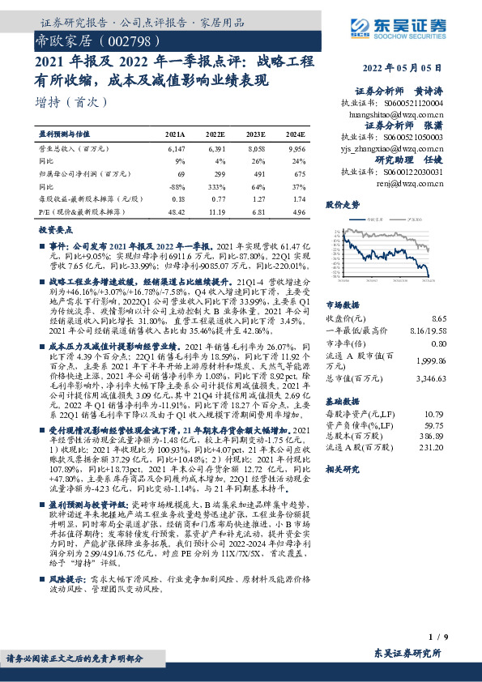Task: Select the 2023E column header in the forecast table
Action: (x=255, y=133)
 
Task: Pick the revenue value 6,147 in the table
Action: (x=176, y=150)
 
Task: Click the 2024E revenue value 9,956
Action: (x=296, y=150)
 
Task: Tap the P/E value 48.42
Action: (x=176, y=211)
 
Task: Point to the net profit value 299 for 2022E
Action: (x=215, y=174)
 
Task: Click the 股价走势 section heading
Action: (x=341, y=206)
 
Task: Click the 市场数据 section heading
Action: (x=341, y=305)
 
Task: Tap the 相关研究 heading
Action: (x=341, y=469)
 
